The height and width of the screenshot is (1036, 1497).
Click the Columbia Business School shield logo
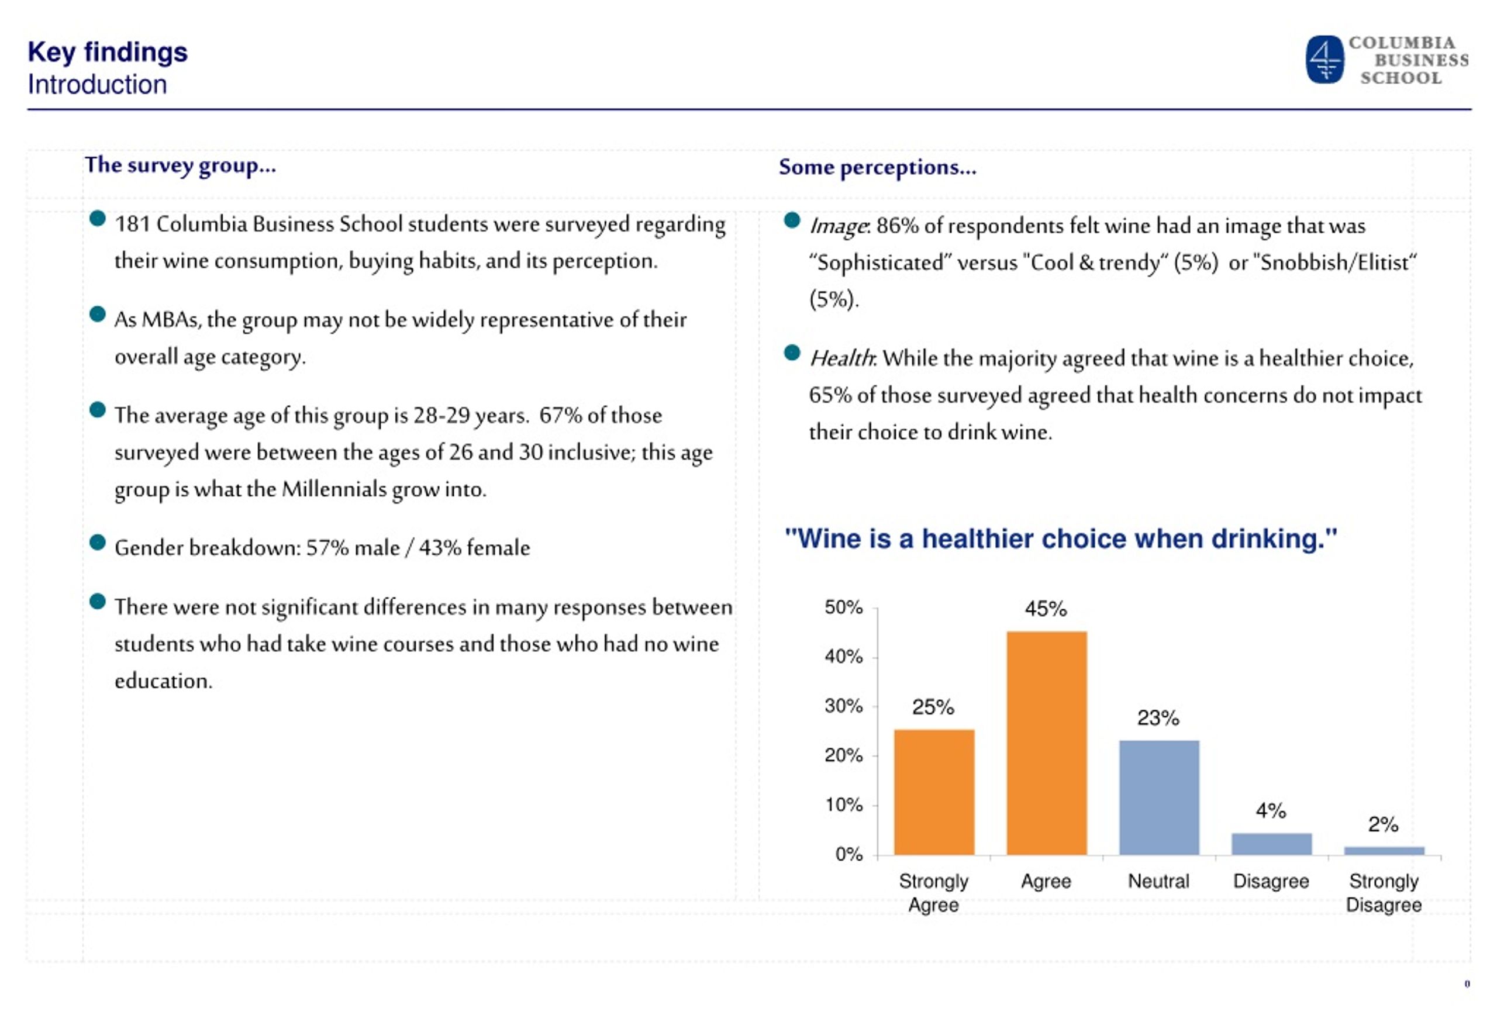[x=1324, y=59]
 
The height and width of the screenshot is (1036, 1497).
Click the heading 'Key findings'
[x=107, y=52]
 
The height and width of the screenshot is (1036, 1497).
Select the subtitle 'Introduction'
[x=98, y=84]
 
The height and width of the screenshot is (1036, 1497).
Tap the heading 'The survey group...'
[x=181, y=165]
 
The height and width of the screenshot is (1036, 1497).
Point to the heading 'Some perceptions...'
[x=878, y=167]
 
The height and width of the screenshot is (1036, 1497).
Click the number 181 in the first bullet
[x=132, y=225]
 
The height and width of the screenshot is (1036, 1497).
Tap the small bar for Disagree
[x=1272, y=844]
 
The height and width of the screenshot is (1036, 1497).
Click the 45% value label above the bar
[x=1046, y=609]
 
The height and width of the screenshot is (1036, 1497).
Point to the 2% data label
[x=1384, y=824]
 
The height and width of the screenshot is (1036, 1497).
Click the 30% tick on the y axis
[x=843, y=706]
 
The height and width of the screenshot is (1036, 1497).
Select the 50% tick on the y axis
[x=843, y=607]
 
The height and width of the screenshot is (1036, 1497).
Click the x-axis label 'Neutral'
[x=1159, y=881]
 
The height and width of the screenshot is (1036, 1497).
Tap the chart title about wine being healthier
[x=1061, y=539]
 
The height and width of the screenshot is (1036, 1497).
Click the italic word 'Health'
[x=842, y=358]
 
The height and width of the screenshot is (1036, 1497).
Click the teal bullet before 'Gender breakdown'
[x=98, y=542]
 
